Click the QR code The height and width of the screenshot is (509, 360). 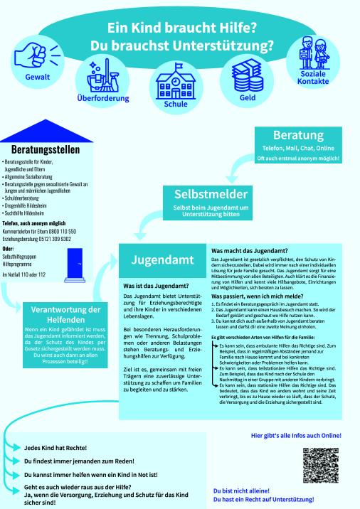coord(317,464)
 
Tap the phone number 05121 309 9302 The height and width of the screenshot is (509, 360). coord(62,240)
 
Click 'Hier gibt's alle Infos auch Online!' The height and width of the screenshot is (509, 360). coord(296,435)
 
